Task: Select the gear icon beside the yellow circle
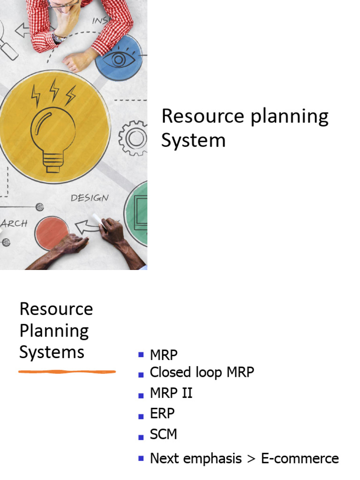click(x=133, y=138)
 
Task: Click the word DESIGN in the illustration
click(x=90, y=198)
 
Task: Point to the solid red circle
click(x=52, y=232)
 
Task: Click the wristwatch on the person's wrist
click(x=59, y=37)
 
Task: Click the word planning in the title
click(x=289, y=117)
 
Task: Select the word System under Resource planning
click(x=193, y=140)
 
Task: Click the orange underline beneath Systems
click(x=67, y=372)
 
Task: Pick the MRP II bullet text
click(x=171, y=393)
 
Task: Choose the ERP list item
click(x=162, y=413)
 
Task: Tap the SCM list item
click(x=164, y=434)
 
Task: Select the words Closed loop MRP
click(x=202, y=372)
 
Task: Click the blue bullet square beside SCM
click(x=141, y=437)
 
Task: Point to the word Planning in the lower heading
click(x=54, y=331)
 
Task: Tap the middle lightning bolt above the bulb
click(x=54, y=90)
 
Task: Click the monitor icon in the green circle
click(x=141, y=213)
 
